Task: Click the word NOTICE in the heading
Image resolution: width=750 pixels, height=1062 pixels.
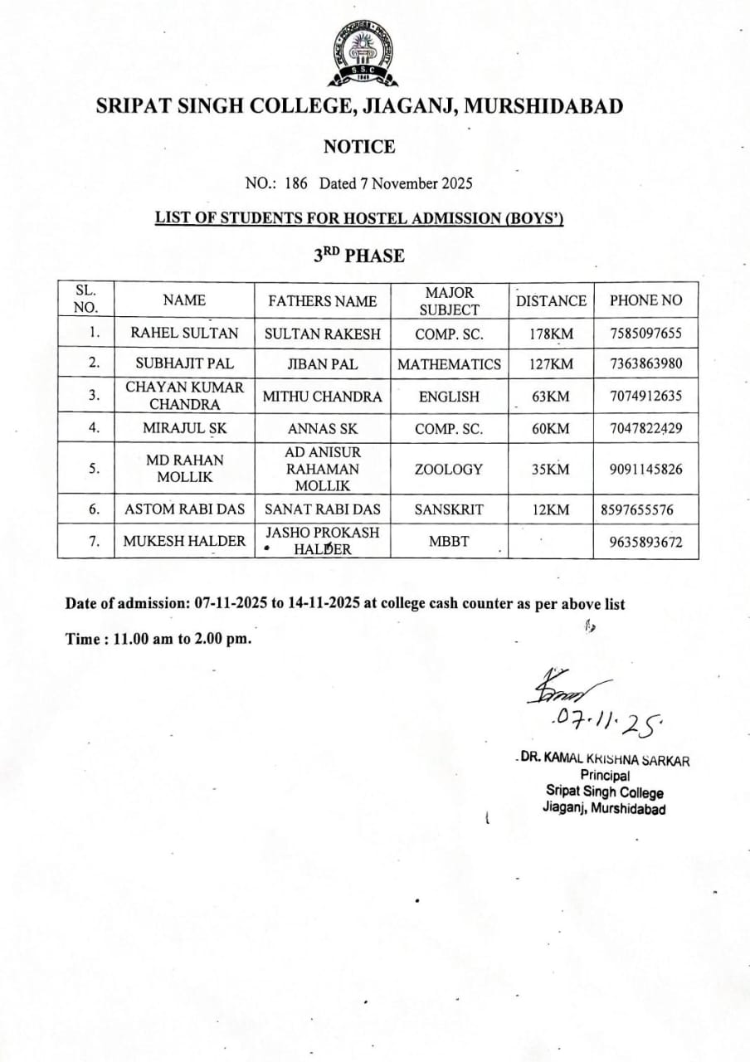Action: click(358, 147)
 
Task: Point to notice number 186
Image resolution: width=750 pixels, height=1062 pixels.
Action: click(296, 183)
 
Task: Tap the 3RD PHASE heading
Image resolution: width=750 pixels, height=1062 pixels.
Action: click(358, 256)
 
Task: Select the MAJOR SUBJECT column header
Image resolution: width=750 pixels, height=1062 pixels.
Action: click(449, 301)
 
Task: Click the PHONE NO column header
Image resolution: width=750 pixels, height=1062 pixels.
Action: click(645, 300)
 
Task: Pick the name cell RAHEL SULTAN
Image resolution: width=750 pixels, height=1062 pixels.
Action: click(184, 334)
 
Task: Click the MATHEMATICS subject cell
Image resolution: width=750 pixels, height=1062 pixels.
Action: click(449, 363)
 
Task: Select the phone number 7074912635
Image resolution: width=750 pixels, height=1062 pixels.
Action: click(645, 396)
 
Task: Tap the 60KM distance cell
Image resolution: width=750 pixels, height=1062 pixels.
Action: click(551, 429)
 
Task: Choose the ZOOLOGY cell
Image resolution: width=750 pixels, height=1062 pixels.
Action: click(449, 469)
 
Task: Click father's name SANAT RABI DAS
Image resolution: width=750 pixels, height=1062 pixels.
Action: click(323, 509)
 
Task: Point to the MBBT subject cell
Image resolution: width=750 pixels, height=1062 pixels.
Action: click(449, 541)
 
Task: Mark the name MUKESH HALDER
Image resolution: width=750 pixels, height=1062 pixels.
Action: click(184, 541)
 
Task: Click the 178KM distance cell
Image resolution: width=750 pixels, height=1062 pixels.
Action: click(551, 334)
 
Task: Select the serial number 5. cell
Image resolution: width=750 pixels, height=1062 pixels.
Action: click(95, 468)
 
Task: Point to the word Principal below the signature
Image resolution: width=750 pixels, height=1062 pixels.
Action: click(605, 775)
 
